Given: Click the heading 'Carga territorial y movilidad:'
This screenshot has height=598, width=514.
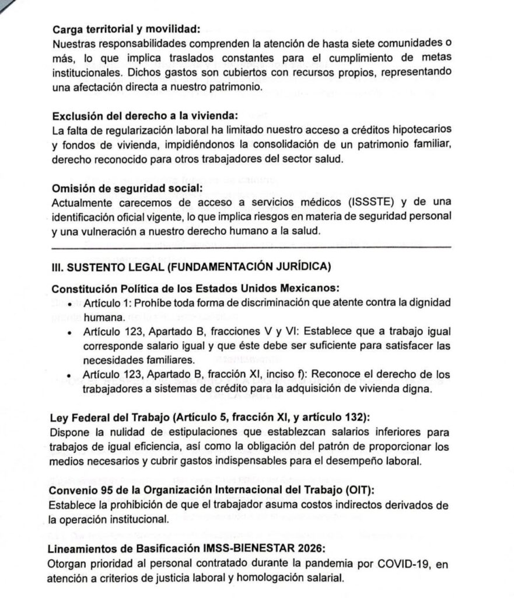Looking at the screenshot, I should tap(125, 29).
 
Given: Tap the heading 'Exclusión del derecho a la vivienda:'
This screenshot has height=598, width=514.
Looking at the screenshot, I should tap(146, 115).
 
